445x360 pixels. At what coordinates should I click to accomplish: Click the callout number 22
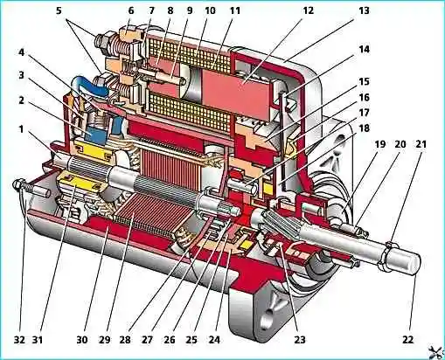pos(407,339)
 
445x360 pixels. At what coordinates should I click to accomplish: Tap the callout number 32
pos(20,340)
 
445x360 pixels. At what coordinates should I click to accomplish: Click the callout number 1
pos(21,128)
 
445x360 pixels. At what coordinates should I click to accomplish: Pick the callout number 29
pos(104,340)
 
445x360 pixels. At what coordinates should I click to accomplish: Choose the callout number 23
pos(300,339)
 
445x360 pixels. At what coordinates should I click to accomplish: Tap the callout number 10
pos(209,10)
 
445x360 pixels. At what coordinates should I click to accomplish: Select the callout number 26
pos(170,340)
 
